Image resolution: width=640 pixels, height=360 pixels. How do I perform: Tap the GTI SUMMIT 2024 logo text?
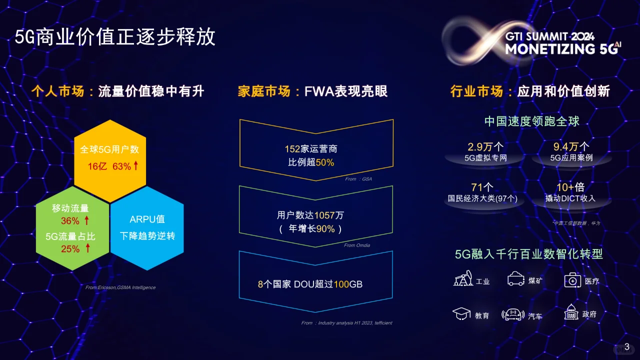pos(549,36)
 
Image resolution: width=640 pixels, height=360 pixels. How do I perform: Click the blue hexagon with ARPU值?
pos(147,227)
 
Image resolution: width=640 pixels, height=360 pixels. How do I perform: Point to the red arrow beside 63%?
pos(135,165)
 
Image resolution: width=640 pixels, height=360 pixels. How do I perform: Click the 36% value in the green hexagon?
pos(70,221)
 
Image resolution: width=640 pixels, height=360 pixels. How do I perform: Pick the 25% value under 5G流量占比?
pos(70,249)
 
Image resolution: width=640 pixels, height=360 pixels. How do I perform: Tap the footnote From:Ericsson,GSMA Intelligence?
pos(120,287)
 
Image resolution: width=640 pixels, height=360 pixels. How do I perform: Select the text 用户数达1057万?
pos(310,215)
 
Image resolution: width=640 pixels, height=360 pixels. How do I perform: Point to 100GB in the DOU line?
pos(348,284)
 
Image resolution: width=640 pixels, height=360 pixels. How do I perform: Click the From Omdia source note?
pos(356,245)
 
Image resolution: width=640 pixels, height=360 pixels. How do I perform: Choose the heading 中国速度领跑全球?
pos(532,121)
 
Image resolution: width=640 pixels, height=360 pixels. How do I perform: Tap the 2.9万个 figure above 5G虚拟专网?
pos(485,146)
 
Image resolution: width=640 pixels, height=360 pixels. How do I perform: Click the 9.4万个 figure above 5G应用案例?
pos(571,146)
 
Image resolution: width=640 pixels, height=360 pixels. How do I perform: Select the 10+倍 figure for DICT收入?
pos(570,187)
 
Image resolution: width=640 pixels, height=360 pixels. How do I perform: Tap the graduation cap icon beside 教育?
pos(461,314)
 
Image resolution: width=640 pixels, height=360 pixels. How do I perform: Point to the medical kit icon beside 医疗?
pos(572,280)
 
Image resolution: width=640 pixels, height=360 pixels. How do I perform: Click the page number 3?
pos(627,346)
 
